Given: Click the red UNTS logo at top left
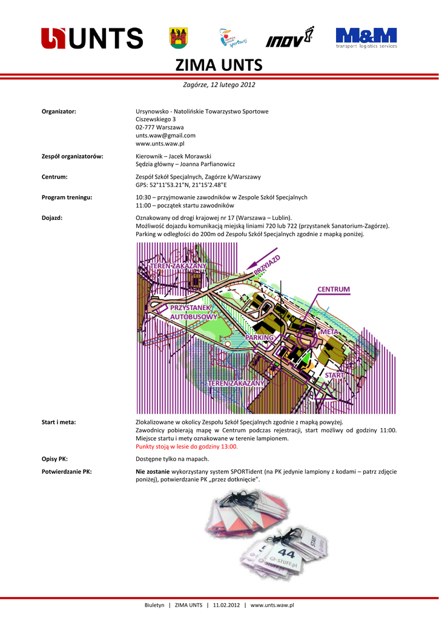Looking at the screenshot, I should [x=92, y=38].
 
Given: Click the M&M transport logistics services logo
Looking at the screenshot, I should [x=366, y=38].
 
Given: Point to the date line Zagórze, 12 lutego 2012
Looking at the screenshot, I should [x=219, y=85].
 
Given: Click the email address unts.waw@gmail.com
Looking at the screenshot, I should [x=165, y=136].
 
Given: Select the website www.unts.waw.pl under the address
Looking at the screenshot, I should [x=160, y=144].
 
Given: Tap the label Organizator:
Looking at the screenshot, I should [x=58, y=111].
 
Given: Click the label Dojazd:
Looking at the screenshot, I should [x=52, y=217].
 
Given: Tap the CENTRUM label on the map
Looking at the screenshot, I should [x=334, y=289].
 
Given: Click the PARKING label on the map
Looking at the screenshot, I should [x=260, y=337].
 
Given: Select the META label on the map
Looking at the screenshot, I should [x=329, y=332].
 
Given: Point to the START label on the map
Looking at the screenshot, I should [x=334, y=375].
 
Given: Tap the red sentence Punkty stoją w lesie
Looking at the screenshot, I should [x=186, y=446].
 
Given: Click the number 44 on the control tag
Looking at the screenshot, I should [x=287, y=553].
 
